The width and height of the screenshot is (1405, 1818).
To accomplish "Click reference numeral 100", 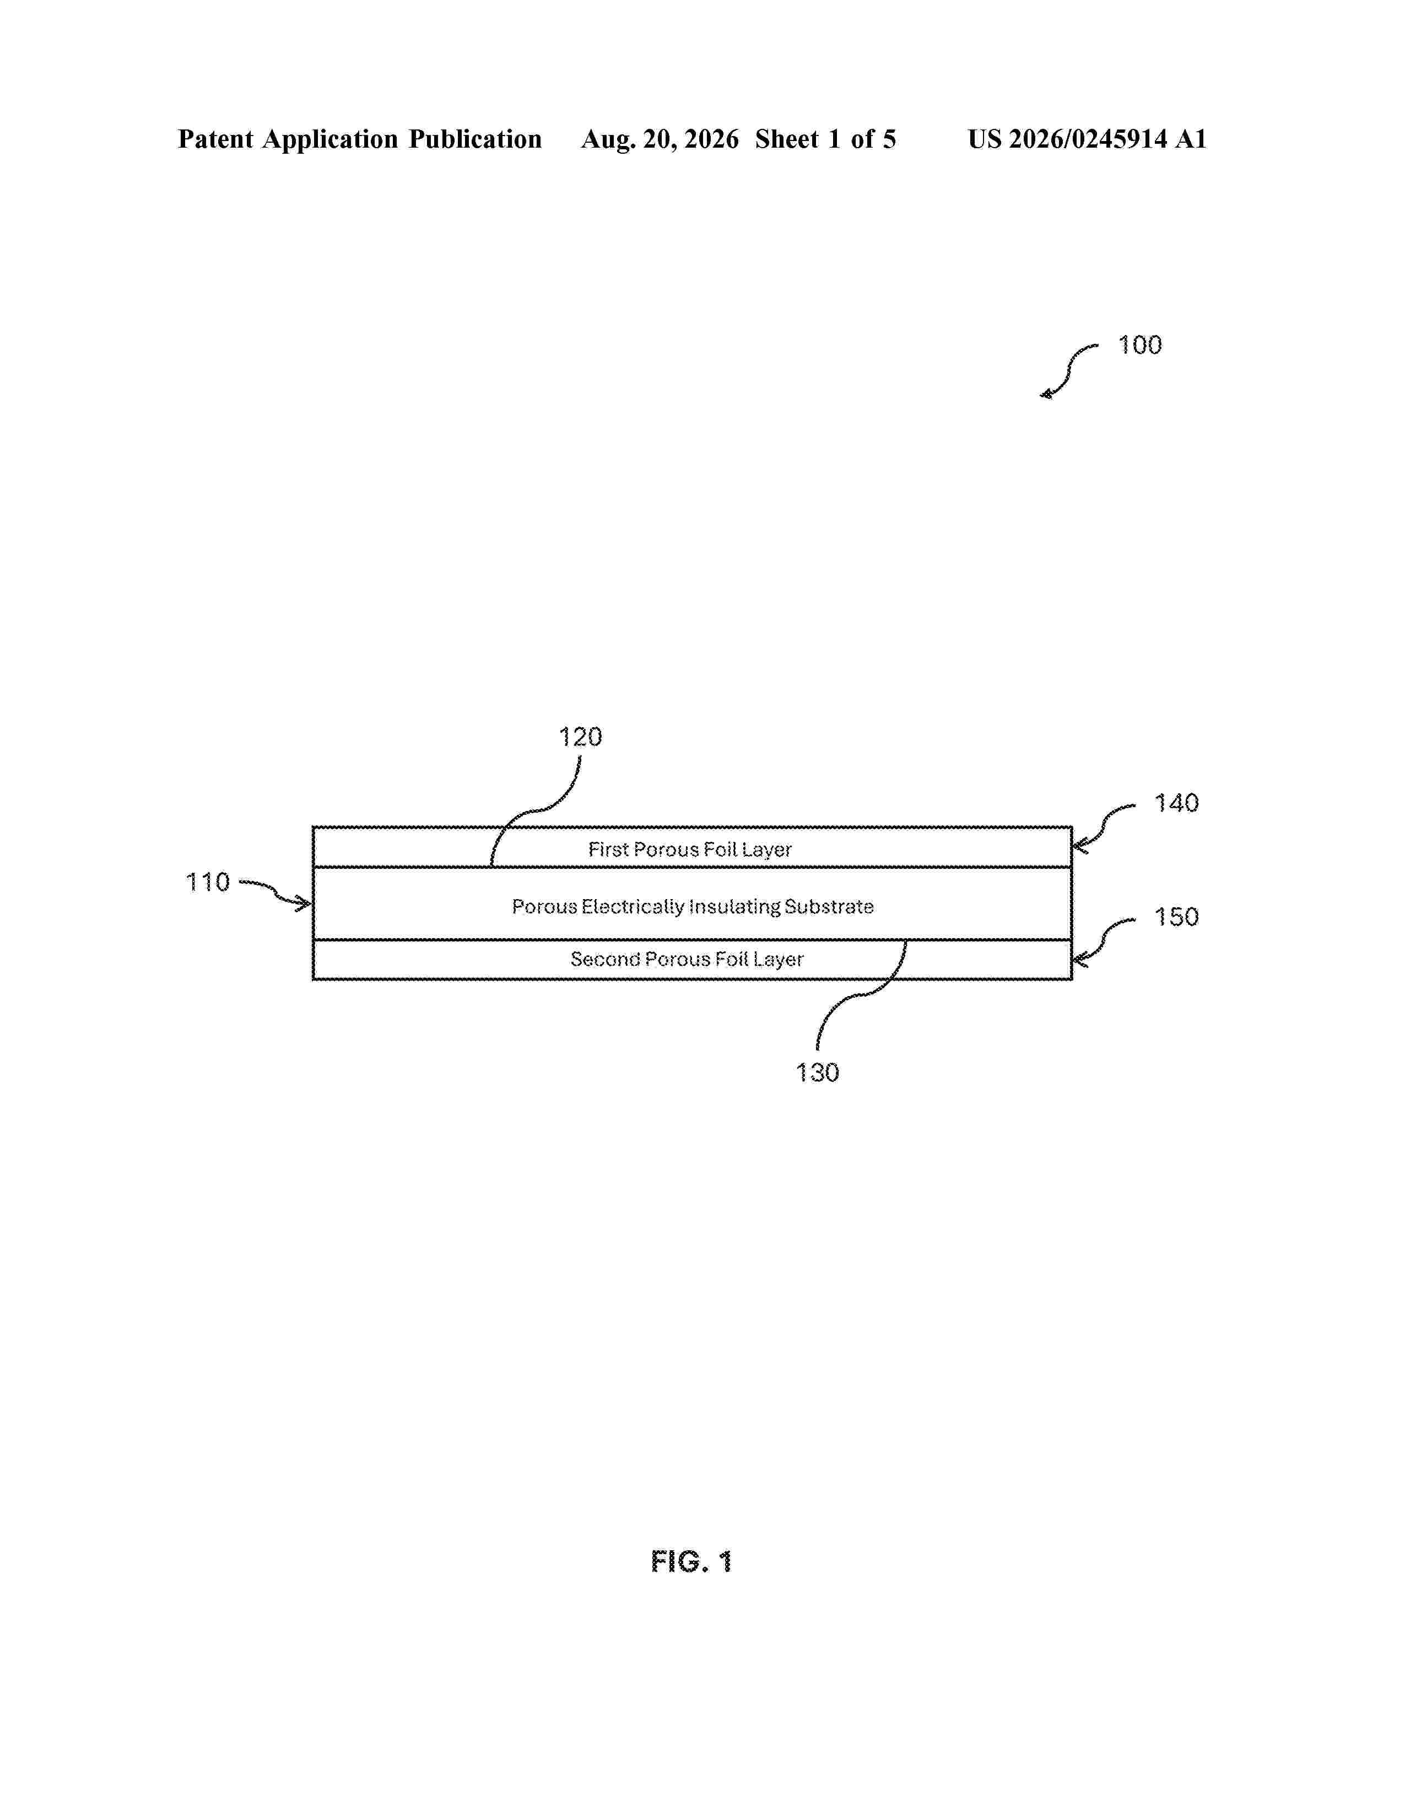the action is coord(1139,345).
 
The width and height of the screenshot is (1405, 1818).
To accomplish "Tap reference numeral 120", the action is coord(580,737).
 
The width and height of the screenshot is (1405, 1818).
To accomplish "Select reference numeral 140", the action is coord(1176,803).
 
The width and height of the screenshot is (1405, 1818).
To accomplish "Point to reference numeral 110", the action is coord(207,883).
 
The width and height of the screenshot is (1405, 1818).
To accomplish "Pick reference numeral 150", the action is coord(1176,917).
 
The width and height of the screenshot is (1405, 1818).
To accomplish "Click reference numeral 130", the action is coord(817,1072).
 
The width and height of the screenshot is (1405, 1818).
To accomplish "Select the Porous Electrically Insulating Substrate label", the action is coord(693,906).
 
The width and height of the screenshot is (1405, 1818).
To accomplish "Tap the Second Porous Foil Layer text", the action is coord(687,960).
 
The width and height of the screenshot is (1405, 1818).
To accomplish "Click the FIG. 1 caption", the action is coord(691,1562).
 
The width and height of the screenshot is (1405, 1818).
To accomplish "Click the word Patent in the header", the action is coord(215,139).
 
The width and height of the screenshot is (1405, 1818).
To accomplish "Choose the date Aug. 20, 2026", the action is coord(660,139).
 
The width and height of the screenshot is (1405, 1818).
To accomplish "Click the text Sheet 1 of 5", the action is coord(826,139).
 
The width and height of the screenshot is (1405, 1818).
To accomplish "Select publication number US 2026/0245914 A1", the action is coord(1087,139).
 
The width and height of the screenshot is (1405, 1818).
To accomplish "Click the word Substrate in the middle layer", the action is coord(829,906).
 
